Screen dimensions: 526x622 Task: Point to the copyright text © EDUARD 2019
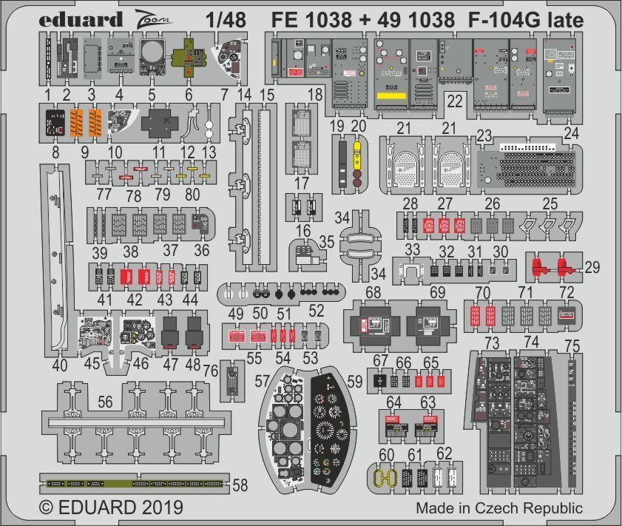pos(111,509)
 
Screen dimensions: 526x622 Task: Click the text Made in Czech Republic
pos(498,509)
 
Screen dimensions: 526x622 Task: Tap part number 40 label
pos(60,365)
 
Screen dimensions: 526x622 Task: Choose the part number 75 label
pos(572,345)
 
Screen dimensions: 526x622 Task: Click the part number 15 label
pos(267,94)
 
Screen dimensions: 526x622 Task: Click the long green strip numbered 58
pos(133,483)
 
